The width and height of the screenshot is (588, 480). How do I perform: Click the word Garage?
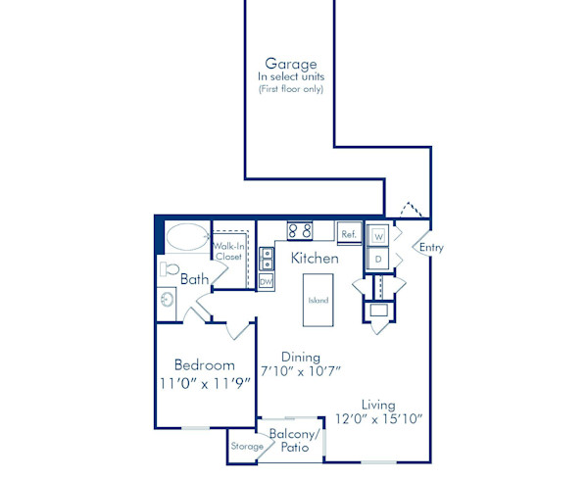[x=290, y=64]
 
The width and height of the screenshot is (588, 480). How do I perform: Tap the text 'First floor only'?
[x=290, y=89]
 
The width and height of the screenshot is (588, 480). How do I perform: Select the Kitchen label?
[x=315, y=259]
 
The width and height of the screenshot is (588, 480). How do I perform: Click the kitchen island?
[x=318, y=302]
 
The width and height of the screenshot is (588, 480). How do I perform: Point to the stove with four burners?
[x=300, y=232]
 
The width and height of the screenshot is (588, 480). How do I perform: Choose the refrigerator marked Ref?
[x=348, y=234]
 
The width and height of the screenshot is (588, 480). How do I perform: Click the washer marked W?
[x=378, y=236]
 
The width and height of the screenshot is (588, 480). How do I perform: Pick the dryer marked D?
[x=378, y=259]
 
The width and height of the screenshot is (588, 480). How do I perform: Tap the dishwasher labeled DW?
[x=266, y=281]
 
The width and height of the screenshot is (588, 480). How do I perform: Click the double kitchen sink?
[x=267, y=259]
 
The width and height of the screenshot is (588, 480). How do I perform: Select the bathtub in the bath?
[x=186, y=237]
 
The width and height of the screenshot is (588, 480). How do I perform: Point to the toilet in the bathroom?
[x=168, y=269]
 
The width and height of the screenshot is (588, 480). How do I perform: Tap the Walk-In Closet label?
[x=228, y=252]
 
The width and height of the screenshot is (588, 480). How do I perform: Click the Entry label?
[x=431, y=248]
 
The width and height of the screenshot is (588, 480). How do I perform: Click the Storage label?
[x=247, y=447]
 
